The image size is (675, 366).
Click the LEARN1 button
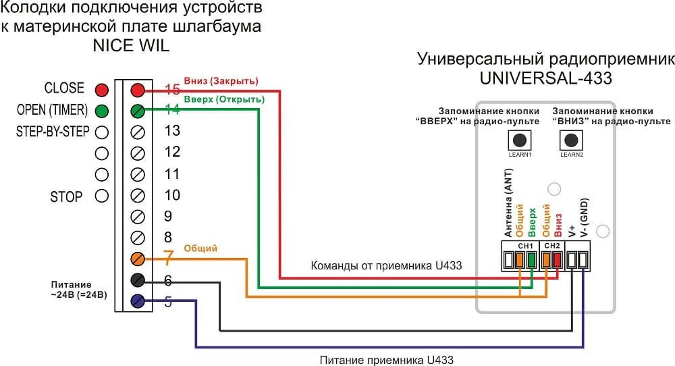coord(519,140)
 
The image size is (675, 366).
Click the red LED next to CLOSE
coord(102,90)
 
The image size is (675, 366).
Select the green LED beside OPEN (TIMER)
coord(102,111)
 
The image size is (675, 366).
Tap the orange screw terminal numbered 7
coord(138,259)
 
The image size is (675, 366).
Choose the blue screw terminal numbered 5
coord(138,302)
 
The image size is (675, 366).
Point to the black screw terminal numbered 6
coord(138,280)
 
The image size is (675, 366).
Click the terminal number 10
coord(172,195)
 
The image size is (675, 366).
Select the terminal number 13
coord(172,131)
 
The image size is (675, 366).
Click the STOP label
coord(66,197)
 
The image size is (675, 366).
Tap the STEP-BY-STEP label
coord(53,132)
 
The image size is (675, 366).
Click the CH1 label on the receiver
coord(526,245)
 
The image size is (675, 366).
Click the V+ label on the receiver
coord(572,228)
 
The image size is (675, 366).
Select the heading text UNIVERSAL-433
coord(545,78)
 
